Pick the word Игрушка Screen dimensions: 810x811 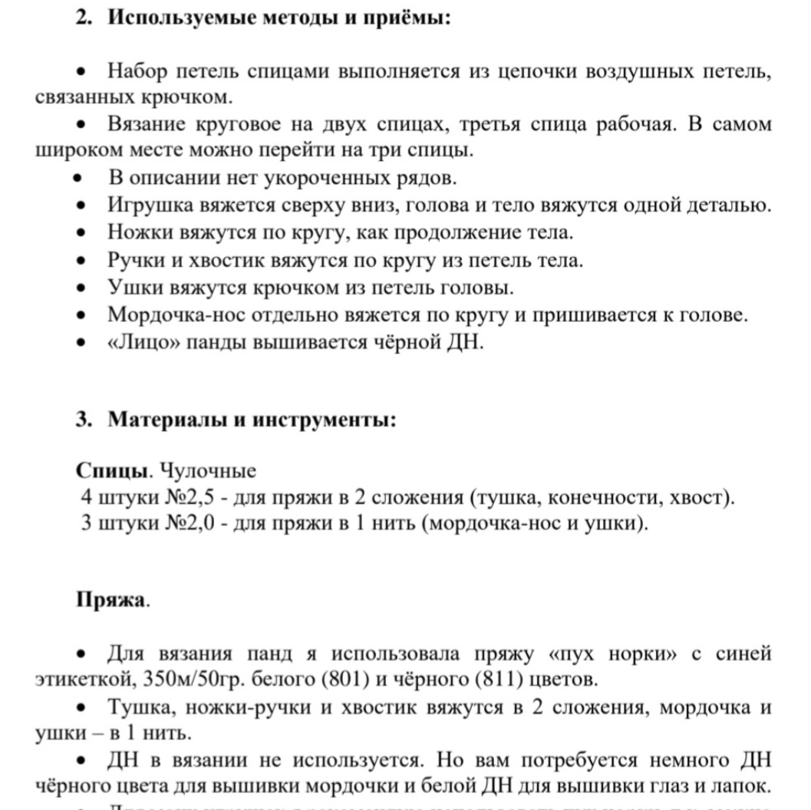[x=150, y=206]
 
